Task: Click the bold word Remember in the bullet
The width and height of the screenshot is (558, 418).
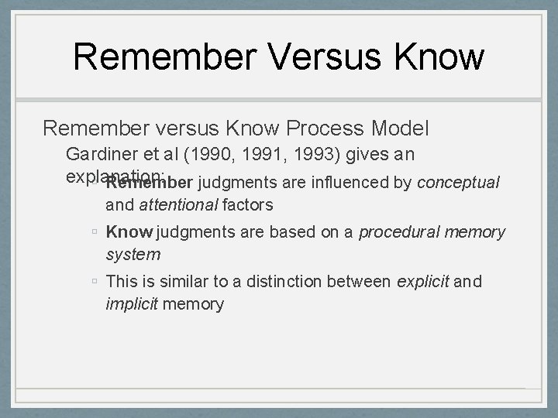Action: tap(149, 183)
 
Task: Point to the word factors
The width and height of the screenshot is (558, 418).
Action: tap(246, 206)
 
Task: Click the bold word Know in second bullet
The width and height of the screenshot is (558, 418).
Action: tap(129, 232)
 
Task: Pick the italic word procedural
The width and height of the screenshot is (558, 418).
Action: tap(396, 232)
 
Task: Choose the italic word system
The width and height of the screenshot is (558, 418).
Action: tap(133, 254)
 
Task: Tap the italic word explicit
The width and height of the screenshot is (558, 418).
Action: tap(422, 281)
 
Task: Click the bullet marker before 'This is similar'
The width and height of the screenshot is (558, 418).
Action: tap(93, 282)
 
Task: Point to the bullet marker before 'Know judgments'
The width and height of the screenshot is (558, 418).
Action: tap(93, 233)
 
